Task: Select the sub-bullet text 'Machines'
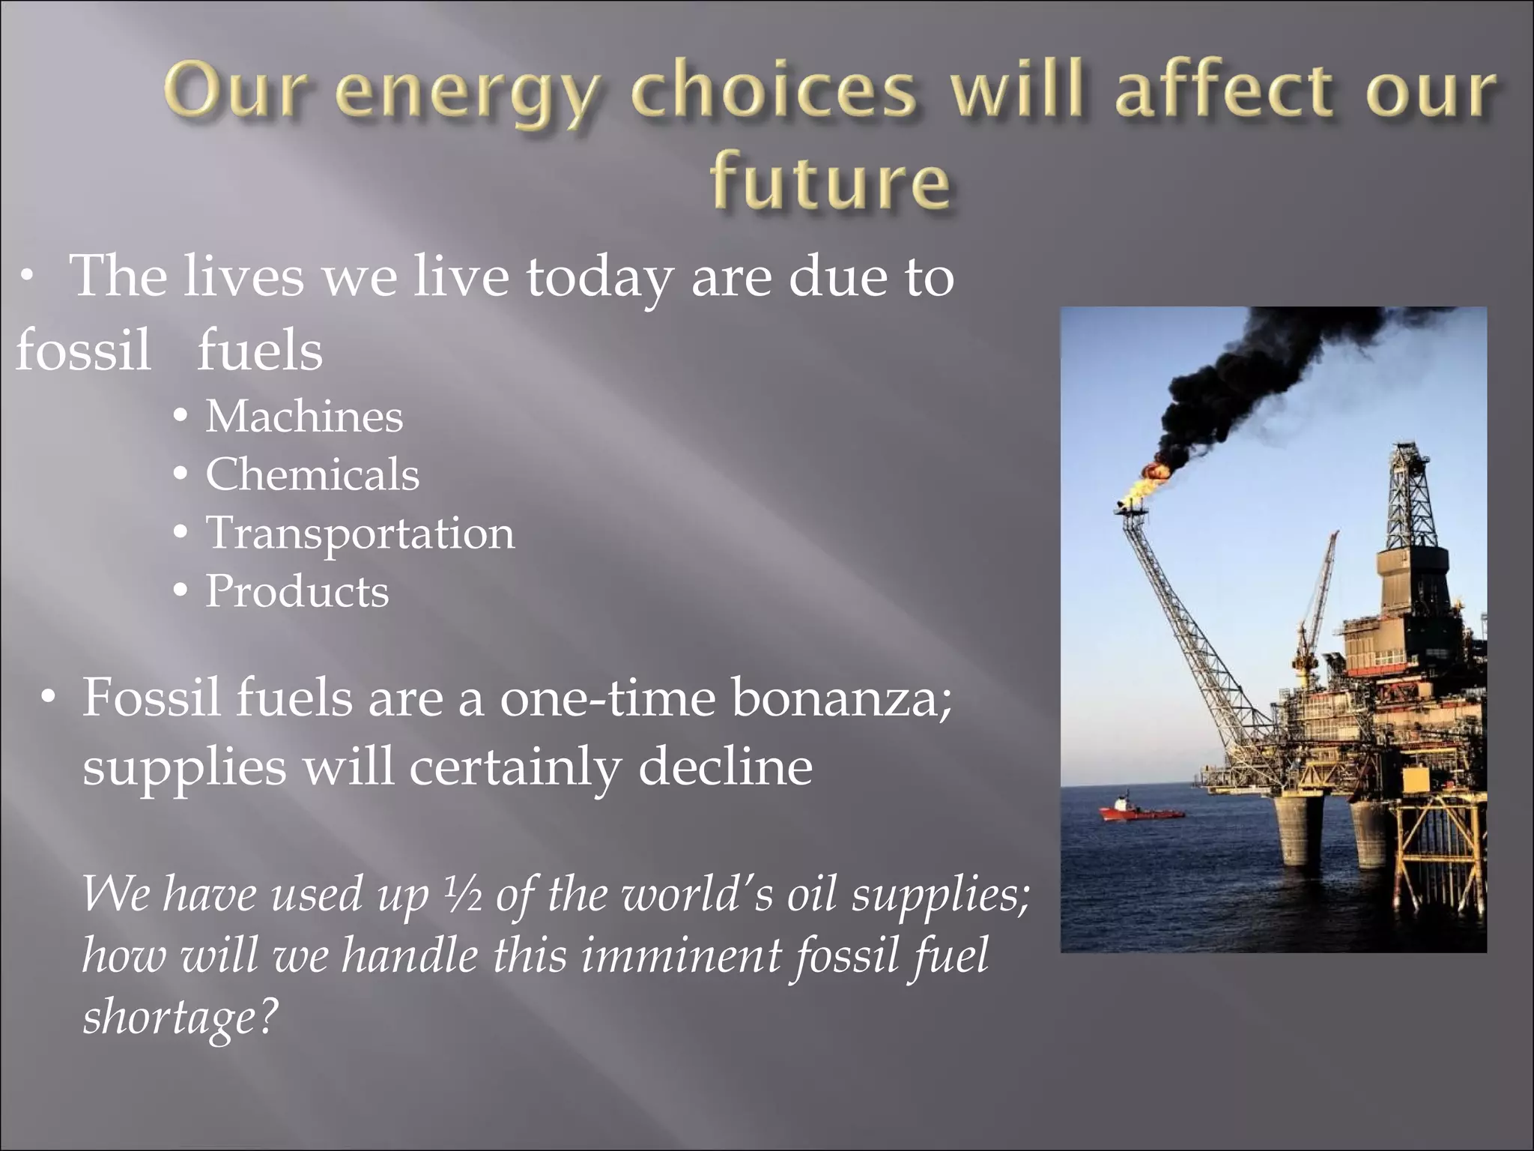coord(304,417)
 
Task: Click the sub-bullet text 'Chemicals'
coord(312,475)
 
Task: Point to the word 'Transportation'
coord(360,533)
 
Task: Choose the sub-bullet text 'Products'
coord(297,591)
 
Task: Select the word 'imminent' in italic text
coord(680,956)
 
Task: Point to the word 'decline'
coord(725,767)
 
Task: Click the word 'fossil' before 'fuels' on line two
coord(82,350)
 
